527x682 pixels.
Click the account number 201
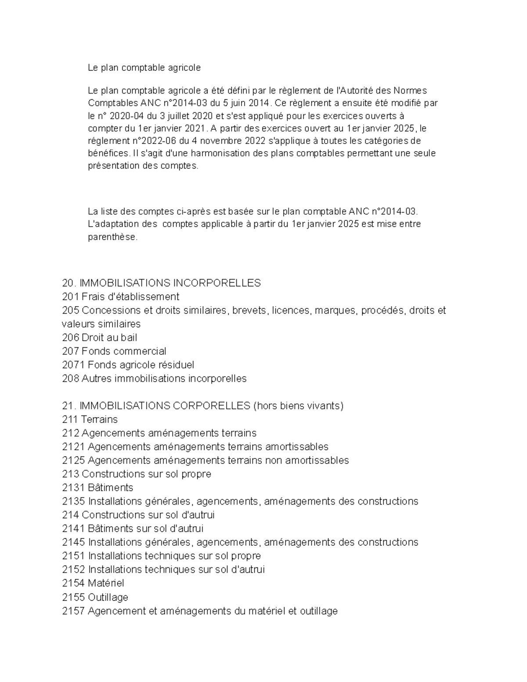point(71,297)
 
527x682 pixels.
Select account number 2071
point(73,365)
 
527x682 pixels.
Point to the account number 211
point(71,419)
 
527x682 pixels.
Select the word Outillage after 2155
point(108,597)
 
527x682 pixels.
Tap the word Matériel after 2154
point(106,583)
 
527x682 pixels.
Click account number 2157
point(73,611)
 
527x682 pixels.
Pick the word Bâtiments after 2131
point(110,488)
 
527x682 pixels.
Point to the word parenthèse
point(113,238)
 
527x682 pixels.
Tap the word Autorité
point(355,91)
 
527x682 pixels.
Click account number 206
point(71,338)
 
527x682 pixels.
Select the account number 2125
point(73,461)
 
